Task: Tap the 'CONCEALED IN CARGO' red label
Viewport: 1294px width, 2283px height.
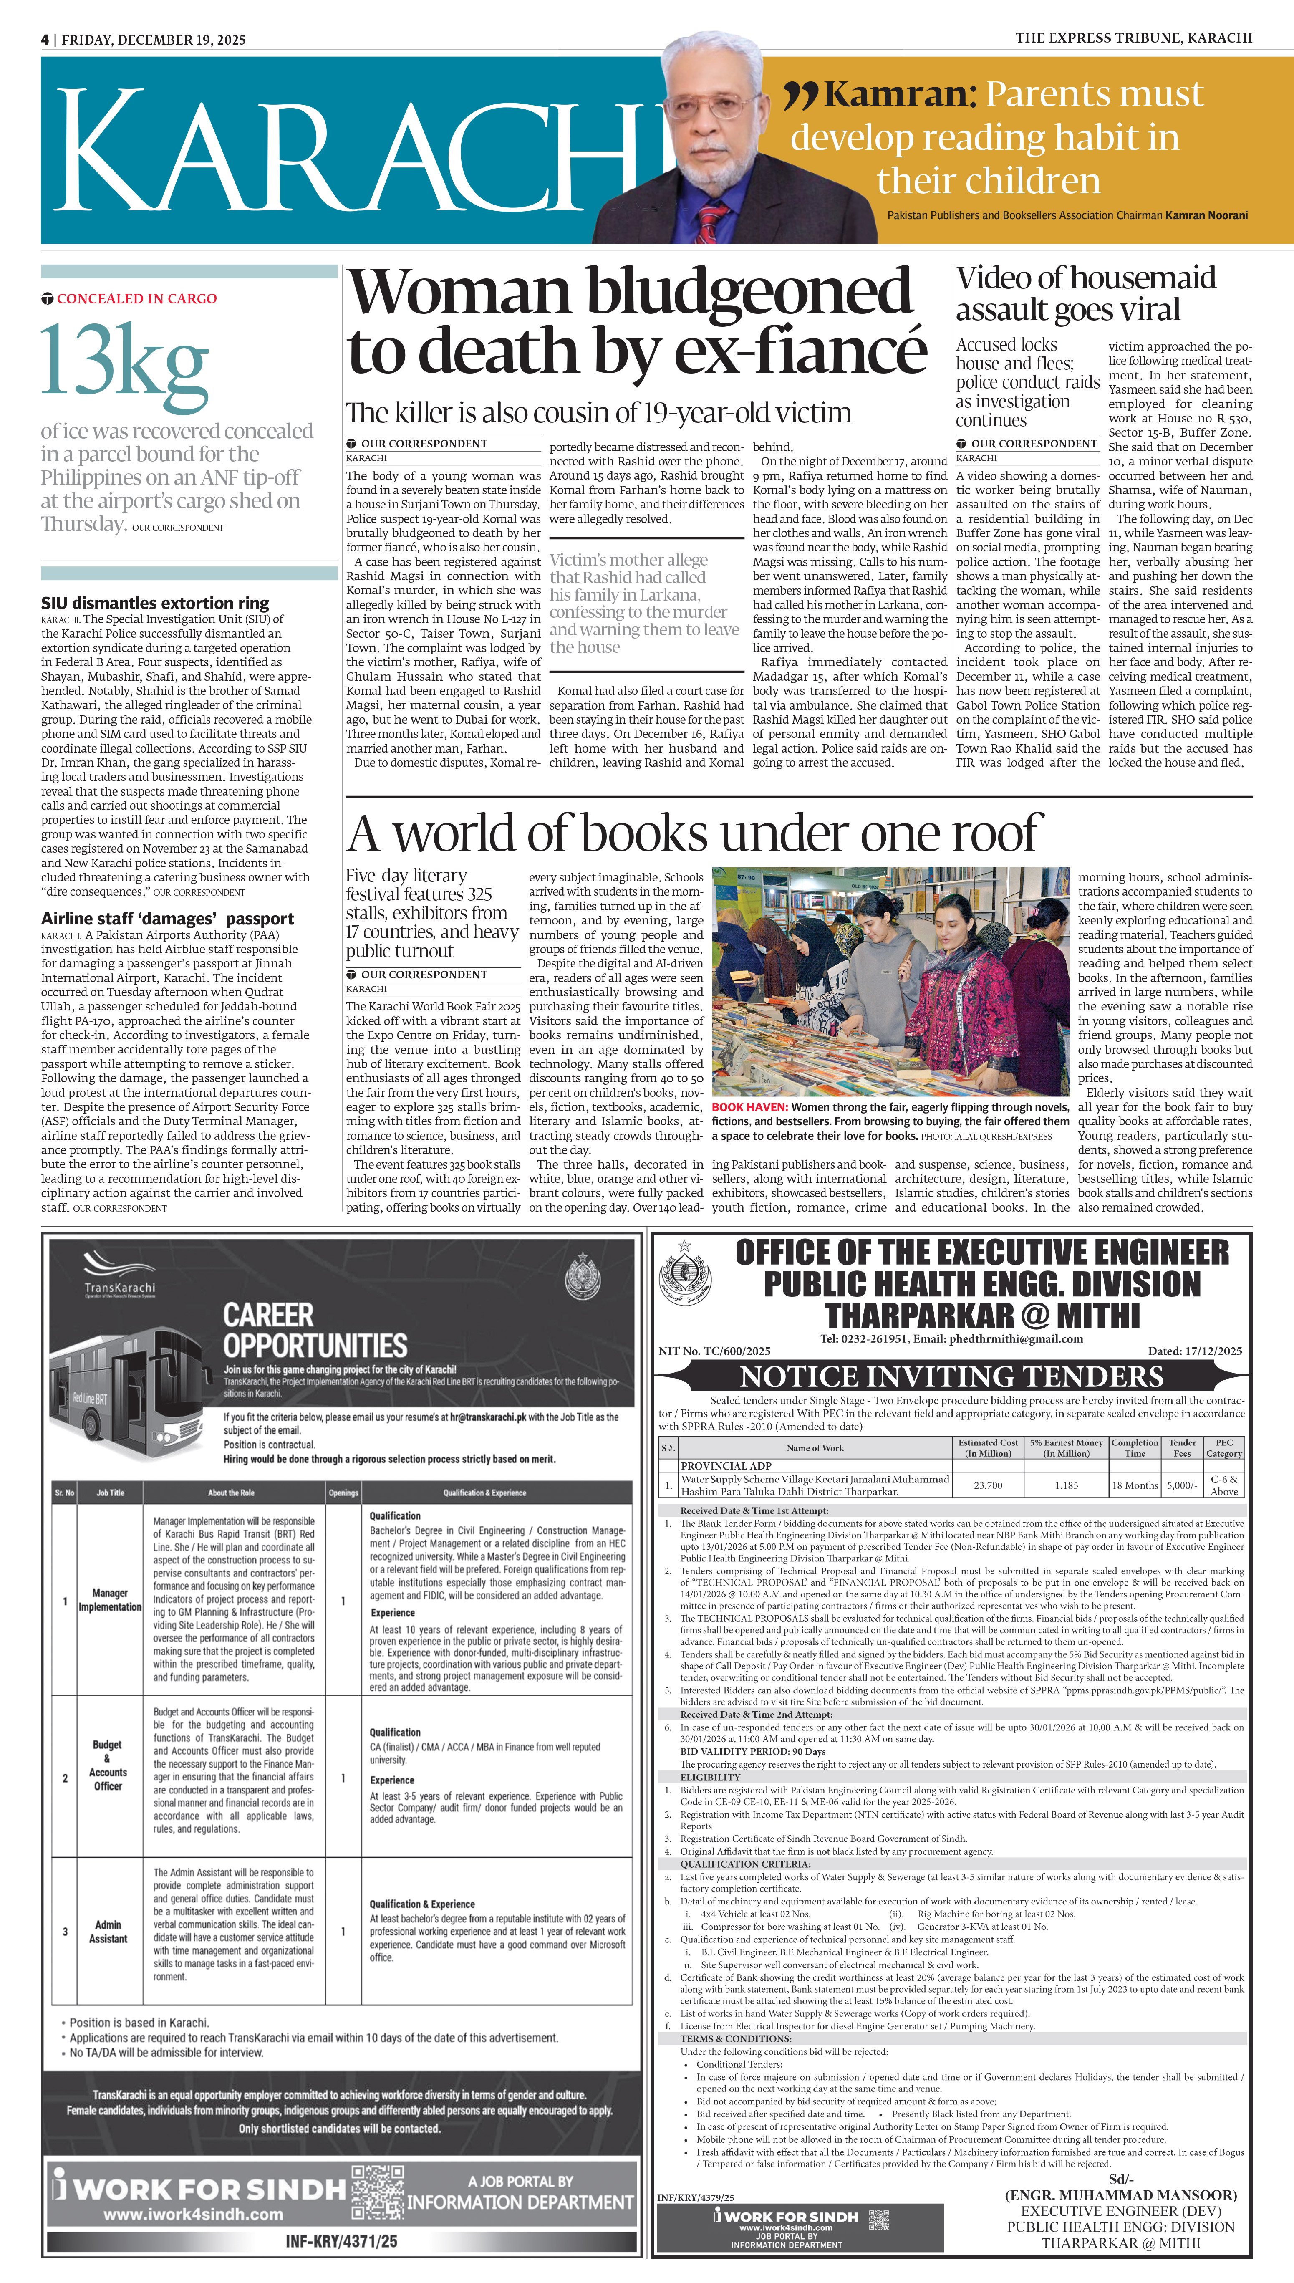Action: click(x=136, y=298)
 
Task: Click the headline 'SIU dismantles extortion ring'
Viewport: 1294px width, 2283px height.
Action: click(x=155, y=604)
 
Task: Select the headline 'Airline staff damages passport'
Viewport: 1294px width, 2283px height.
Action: click(x=167, y=919)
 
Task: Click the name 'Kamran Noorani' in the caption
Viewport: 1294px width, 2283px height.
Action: click(x=1206, y=215)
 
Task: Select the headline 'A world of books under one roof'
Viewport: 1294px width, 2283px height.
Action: click(x=691, y=833)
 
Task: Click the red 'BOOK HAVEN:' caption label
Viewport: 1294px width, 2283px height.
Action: click(x=749, y=1107)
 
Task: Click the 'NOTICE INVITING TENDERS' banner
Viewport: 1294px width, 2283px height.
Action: click(x=951, y=1376)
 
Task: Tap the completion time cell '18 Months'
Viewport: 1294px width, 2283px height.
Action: click(x=1135, y=1485)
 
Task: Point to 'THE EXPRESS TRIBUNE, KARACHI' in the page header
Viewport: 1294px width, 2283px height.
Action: click(x=1133, y=37)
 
